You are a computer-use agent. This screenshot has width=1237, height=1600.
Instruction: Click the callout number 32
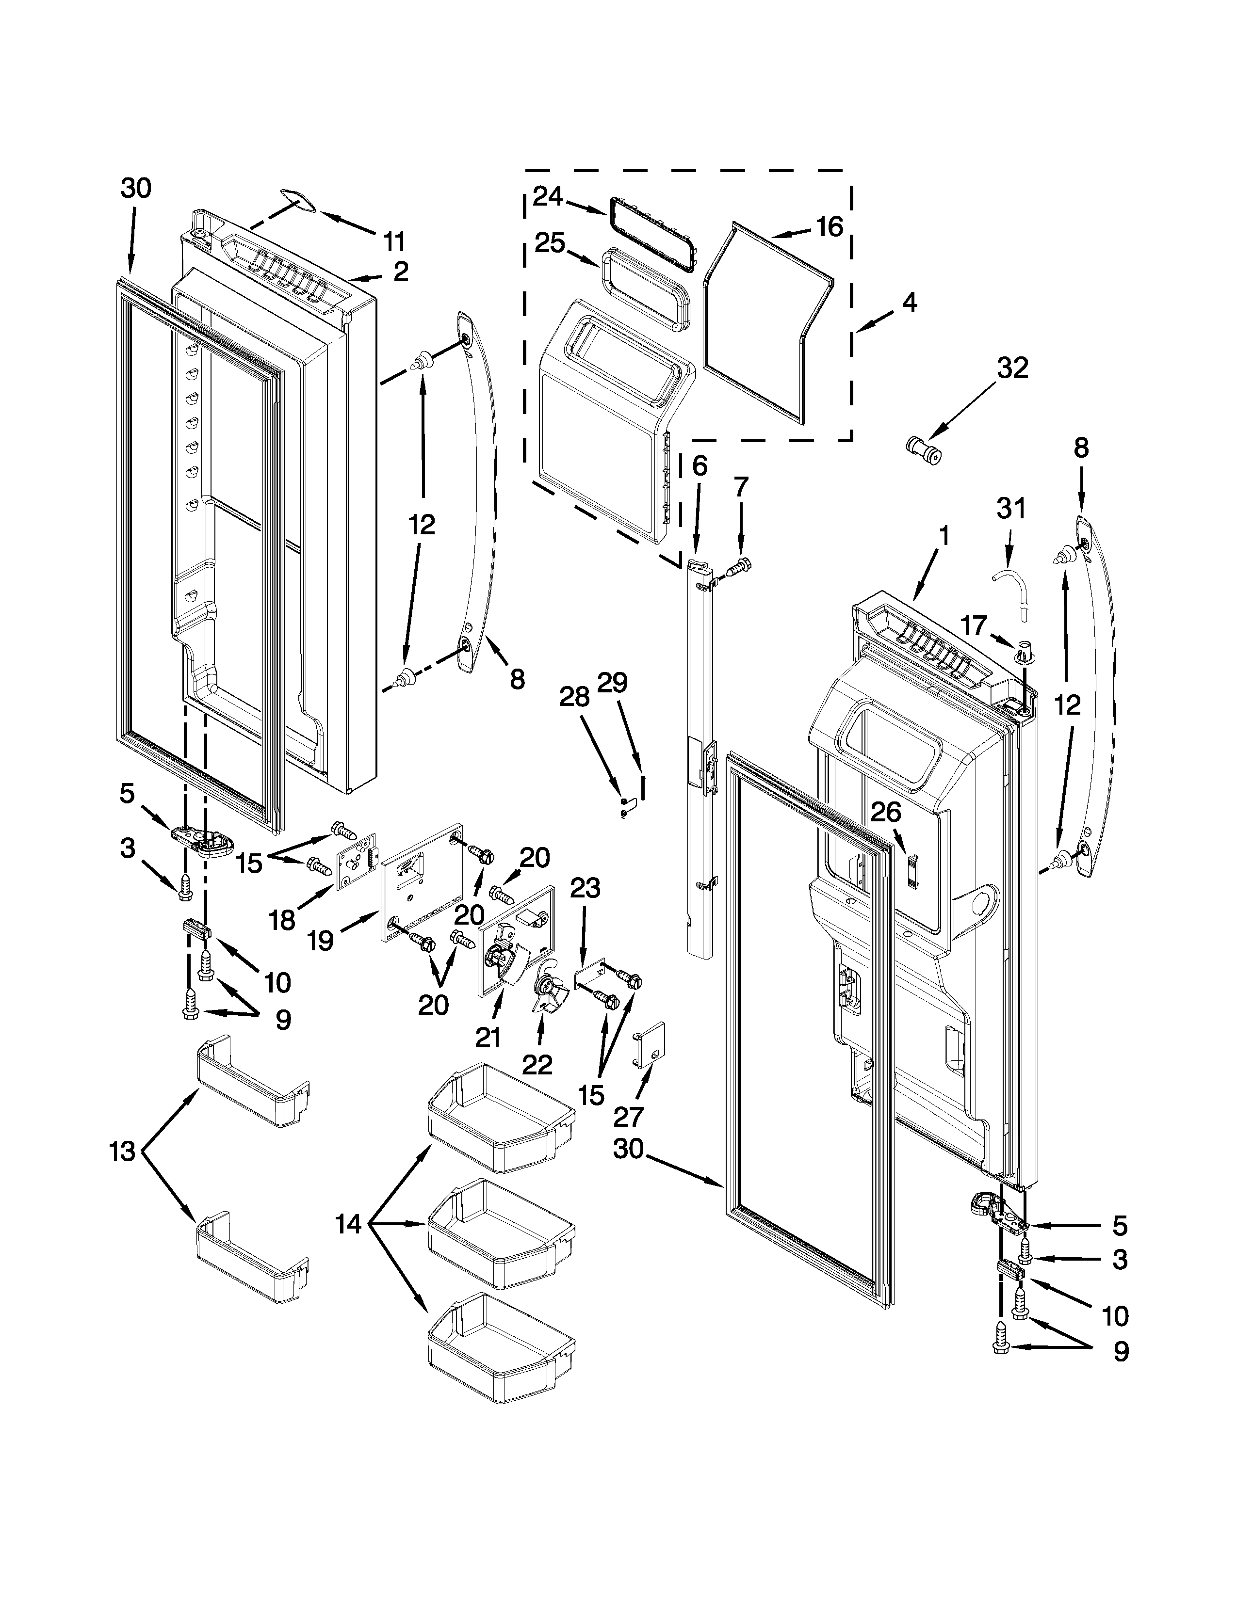coord(1012,368)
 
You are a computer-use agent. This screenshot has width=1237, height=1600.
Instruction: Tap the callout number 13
coord(122,1152)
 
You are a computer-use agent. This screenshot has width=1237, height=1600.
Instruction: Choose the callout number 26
coord(886,812)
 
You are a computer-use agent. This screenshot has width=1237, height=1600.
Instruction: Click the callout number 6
coord(700,466)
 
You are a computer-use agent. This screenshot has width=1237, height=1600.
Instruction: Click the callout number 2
coord(400,272)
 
